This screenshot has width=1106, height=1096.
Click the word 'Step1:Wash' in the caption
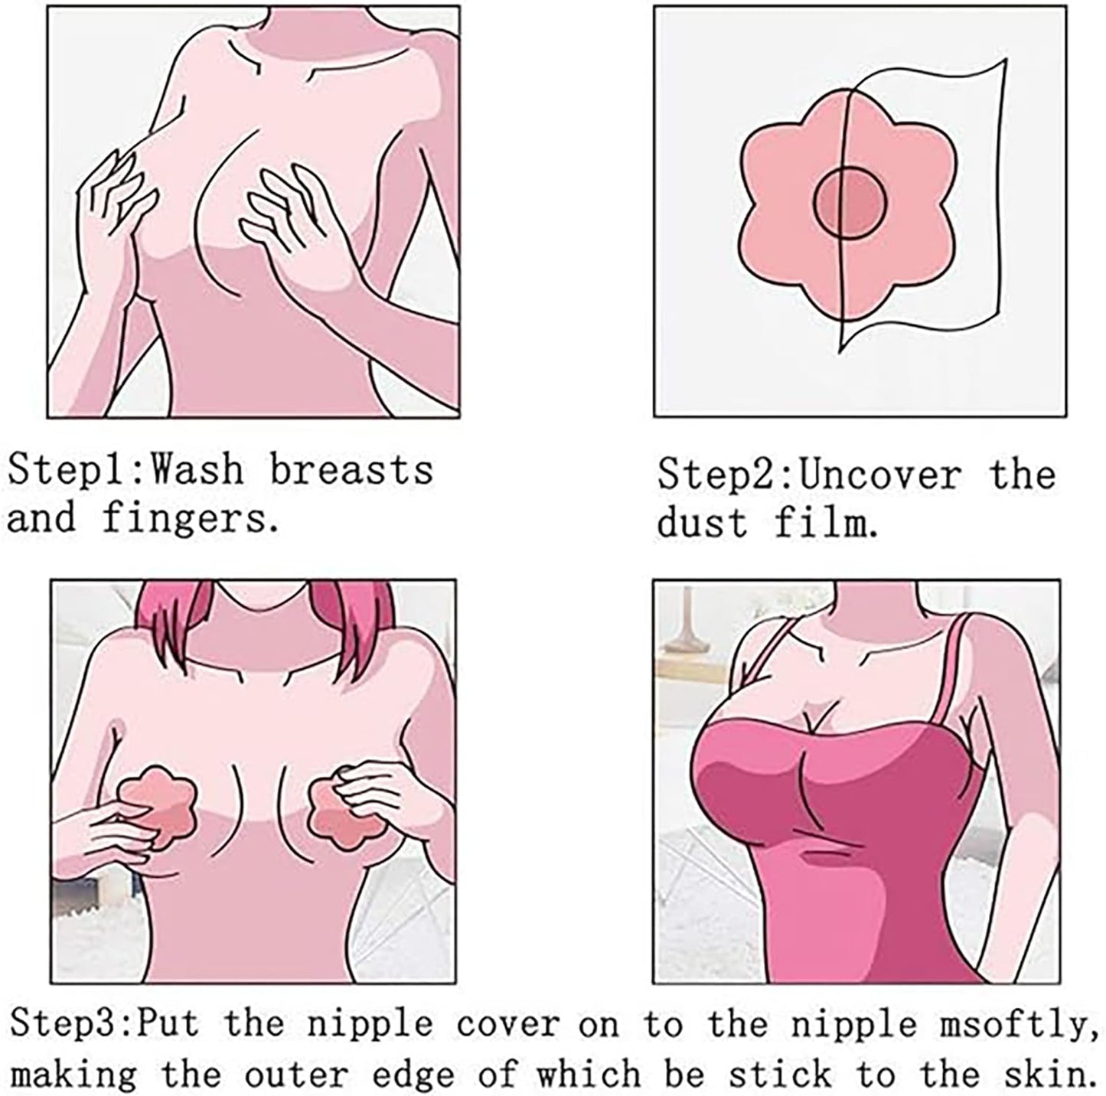pos(126,470)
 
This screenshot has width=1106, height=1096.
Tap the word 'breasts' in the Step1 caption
pos(351,470)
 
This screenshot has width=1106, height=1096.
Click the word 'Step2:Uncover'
pos(810,475)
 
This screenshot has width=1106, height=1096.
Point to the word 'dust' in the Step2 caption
pos(703,523)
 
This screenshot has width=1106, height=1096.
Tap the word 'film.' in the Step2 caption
pos(826,523)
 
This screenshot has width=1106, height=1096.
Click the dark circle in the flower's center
pos(850,203)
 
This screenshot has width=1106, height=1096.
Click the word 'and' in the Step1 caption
pos(41,518)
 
